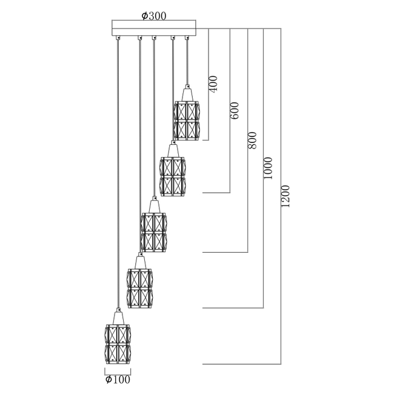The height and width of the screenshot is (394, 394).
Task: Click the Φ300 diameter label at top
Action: pos(154,16)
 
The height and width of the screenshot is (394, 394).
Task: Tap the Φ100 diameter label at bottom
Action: pos(118,380)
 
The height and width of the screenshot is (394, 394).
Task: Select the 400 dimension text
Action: pos(213,83)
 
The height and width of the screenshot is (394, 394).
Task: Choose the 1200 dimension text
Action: pos(285,196)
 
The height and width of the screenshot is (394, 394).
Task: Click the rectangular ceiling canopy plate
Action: pos(155,28)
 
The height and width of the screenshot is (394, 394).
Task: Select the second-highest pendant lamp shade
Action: pos(173,176)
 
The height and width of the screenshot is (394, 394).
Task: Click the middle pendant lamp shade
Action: pos(153,232)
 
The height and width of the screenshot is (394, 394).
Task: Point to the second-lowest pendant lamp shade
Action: pos(140,287)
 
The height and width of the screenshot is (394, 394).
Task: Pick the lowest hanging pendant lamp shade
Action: pos(118,344)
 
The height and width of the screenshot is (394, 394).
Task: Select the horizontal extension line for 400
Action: pos(205,140)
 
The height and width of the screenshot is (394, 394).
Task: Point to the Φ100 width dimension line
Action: pos(118,372)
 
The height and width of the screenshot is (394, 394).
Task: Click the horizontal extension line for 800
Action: pos(225,252)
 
